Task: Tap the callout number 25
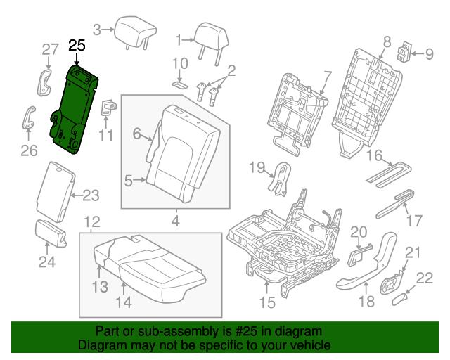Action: pos(77,46)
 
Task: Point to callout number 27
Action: pos(49,49)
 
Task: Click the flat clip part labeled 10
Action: pos(179,82)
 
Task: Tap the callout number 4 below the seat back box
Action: pos(175,223)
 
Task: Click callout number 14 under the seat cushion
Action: pos(124,303)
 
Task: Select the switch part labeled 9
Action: pos(406,53)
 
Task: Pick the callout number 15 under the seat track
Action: pos(268,303)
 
